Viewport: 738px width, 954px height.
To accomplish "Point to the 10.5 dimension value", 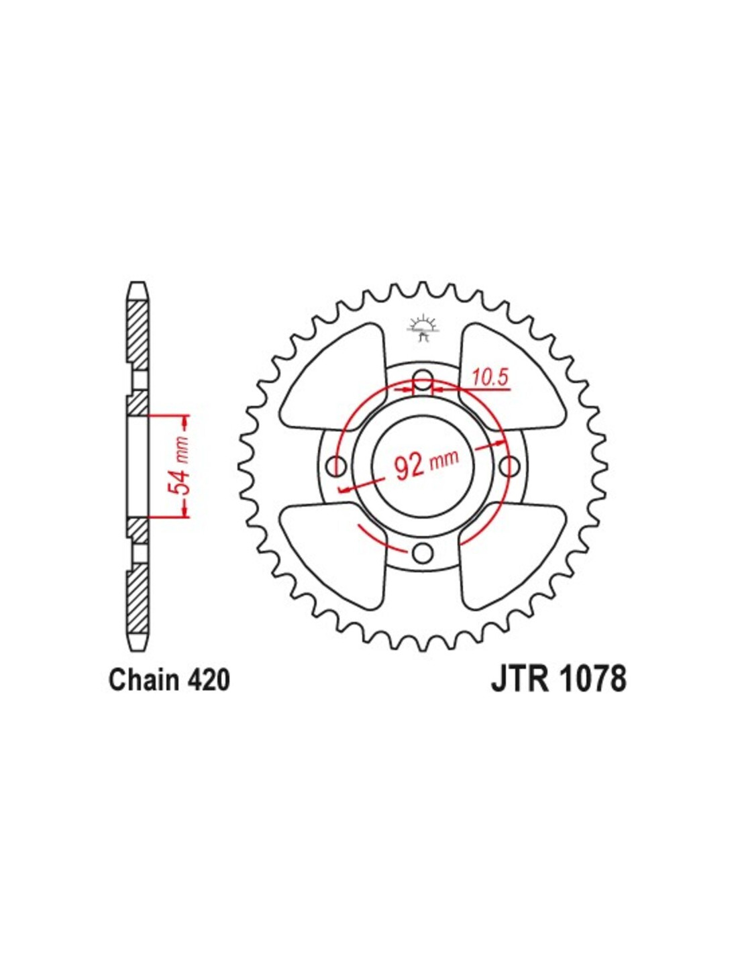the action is pyautogui.click(x=490, y=376).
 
